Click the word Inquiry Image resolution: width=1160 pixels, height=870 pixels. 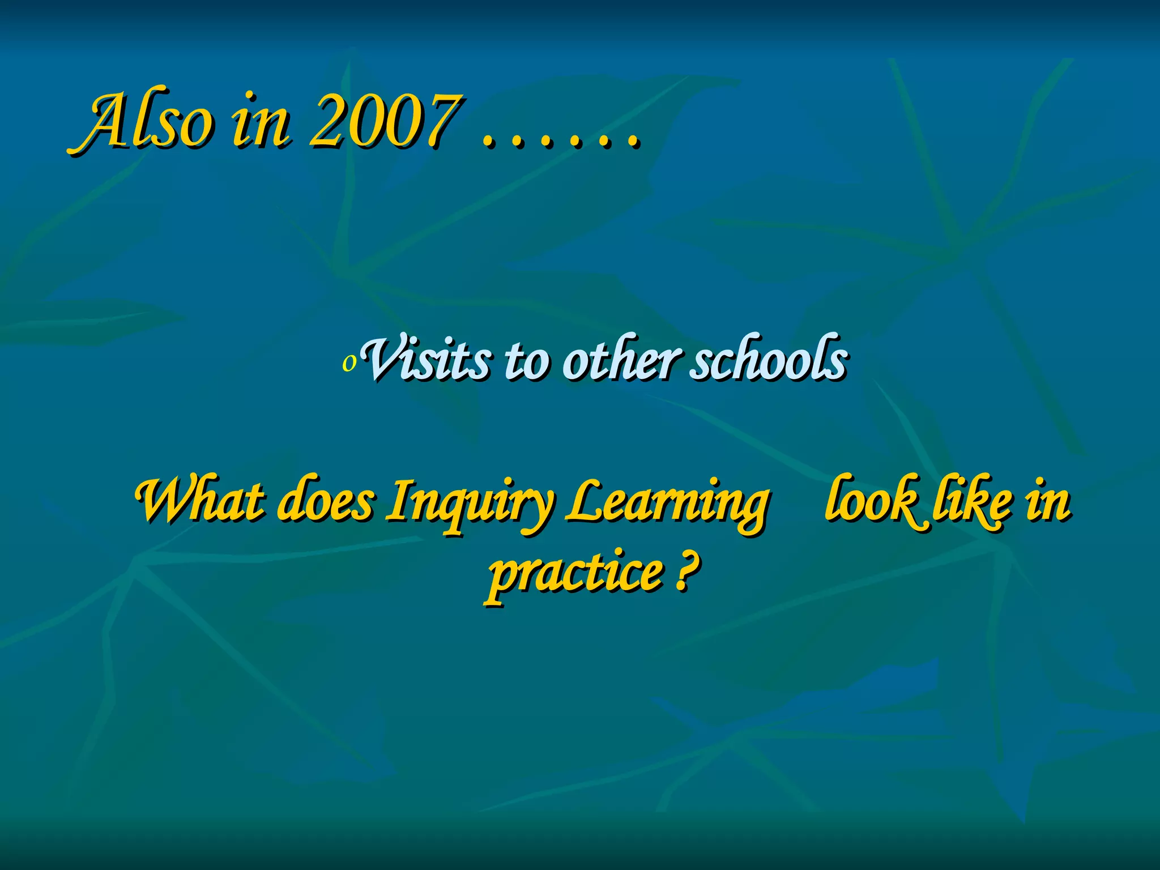(468, 504)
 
